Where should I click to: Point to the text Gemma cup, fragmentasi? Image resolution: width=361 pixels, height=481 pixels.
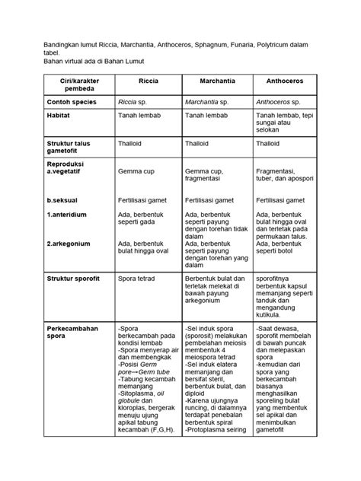(x=211, y=177)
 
